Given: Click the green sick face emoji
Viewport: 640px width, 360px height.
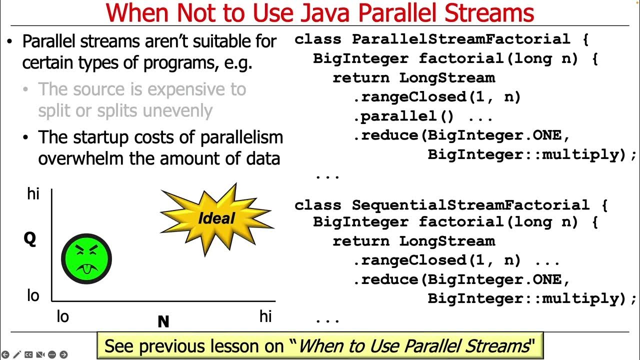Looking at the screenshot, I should (x=86, y=258).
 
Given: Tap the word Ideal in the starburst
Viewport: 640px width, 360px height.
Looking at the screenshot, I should (x=216, y=218).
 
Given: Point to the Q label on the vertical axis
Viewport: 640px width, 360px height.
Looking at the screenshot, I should (x=30, y=239).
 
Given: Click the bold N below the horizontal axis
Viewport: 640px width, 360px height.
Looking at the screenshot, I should (x=163, y=322).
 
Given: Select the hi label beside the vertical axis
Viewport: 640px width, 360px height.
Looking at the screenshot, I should (x=33, y=194).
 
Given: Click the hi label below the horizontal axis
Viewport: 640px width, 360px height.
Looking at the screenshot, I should (x=265, y=316).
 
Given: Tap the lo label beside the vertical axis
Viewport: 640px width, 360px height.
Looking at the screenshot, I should (x=33, y=295).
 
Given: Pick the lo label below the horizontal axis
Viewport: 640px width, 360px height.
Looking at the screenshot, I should (x=62, y=317).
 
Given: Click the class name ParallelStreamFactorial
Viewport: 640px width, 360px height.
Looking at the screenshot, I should (x=460, y=39).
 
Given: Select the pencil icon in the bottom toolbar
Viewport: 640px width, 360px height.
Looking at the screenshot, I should (x=17, y=354).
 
